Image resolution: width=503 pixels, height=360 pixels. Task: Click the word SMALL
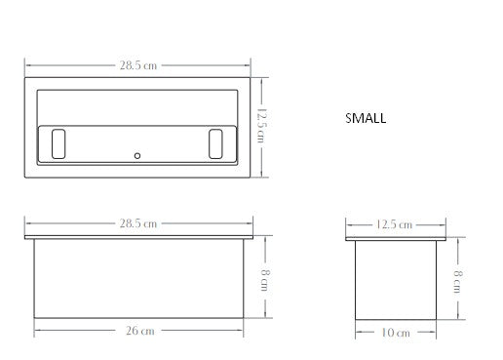pos(366,118)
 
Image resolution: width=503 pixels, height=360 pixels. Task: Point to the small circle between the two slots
pos(138,155)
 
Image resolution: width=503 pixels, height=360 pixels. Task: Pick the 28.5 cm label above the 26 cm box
pos(139,223)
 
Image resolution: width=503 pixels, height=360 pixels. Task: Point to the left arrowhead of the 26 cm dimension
pos(37,330)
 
